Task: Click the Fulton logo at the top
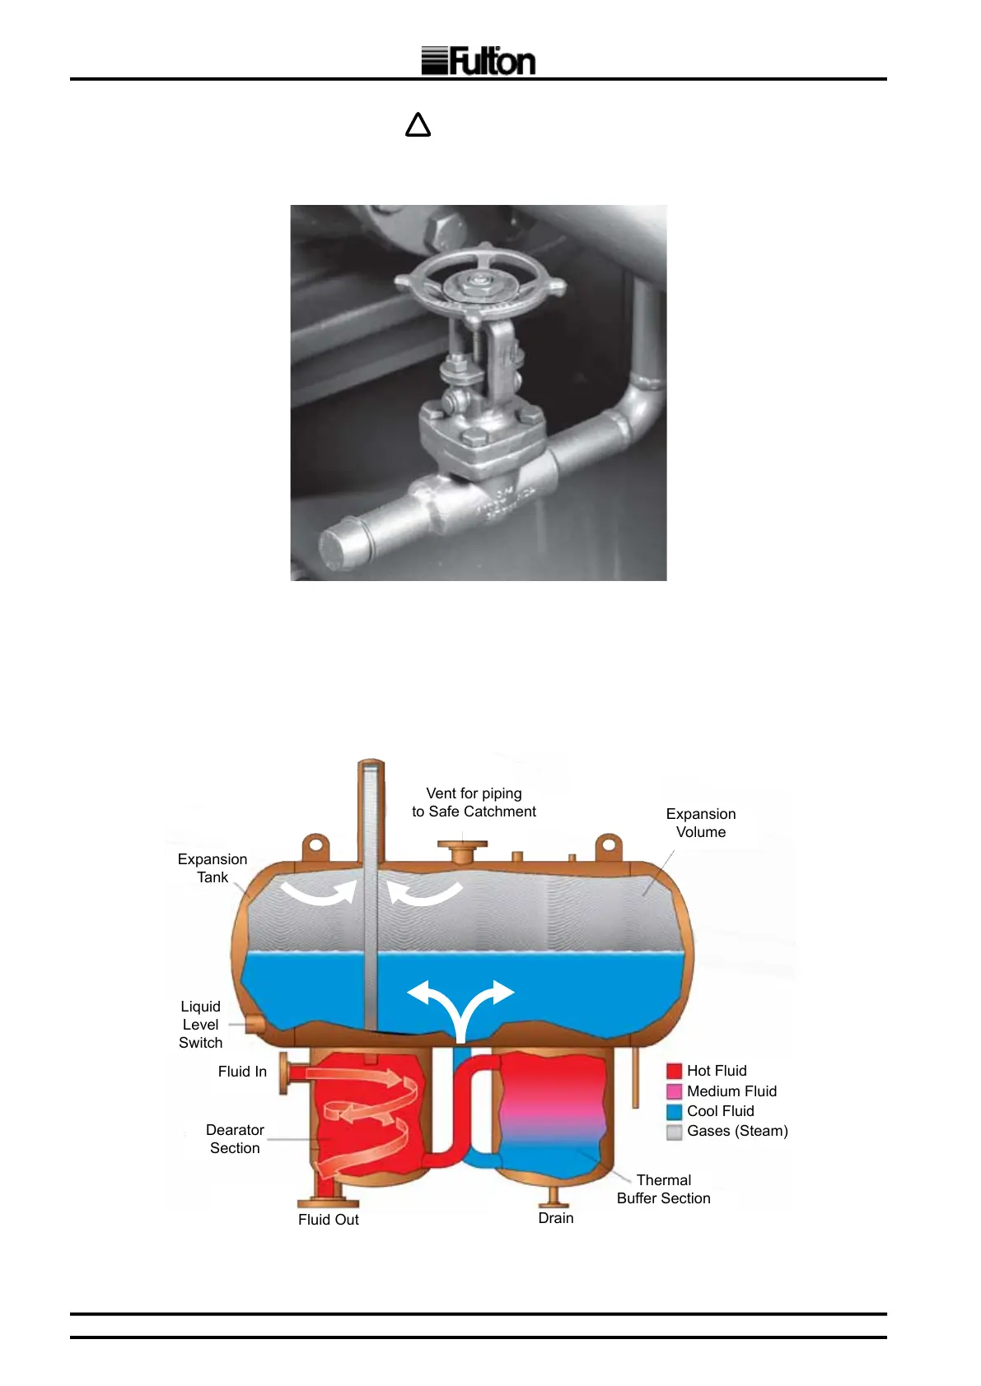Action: [479, 61]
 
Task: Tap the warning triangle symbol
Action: [418, 125]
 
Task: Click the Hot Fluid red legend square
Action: [675, 1071]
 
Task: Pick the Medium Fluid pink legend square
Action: [675, 1091]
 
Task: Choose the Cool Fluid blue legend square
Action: [675, 1111]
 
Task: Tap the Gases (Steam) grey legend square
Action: [675, 1132]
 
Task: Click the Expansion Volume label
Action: [701, 823]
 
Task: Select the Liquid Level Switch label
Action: [201, 1025]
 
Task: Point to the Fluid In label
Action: [242, 1072]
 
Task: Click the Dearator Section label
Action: [235, 1139]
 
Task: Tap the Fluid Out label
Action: [329, 1220]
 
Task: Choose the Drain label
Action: [556, 1218]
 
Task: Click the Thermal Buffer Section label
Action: [664, 1189]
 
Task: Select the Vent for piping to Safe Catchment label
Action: [474, 802]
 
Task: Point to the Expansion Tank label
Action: [213, 868]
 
